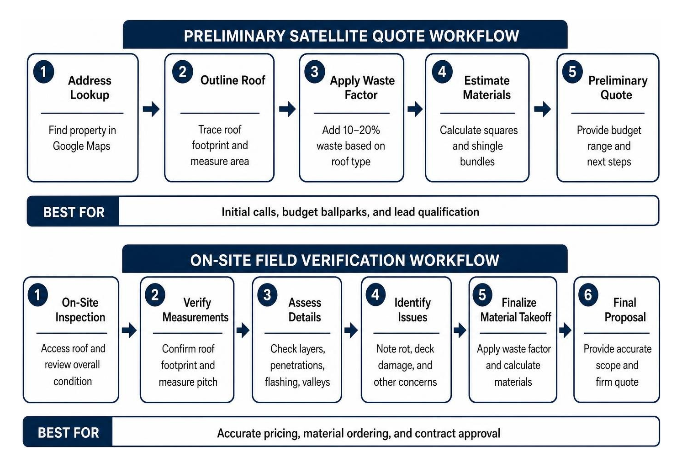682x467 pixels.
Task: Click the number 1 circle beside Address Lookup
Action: [43, 72]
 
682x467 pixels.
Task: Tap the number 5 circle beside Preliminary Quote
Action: [572, 72]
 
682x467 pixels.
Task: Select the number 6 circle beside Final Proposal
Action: [588, 295]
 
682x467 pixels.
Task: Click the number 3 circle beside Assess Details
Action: [267, 295]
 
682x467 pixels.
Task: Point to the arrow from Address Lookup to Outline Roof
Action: [151, 109]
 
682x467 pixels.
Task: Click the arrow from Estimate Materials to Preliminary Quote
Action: [543, 109]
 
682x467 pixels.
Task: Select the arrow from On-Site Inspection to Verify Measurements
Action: [129, 331]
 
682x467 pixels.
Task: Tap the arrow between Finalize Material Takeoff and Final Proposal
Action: [565, 331]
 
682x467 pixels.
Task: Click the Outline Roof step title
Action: [233, 80]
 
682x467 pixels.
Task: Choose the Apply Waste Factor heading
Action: [362, 88]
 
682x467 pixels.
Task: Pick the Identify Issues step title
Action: [412, 310]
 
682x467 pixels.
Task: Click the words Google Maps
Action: [82, 146]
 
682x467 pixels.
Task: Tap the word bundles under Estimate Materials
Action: [477, 162]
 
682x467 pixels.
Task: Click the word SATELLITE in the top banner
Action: [328, 36]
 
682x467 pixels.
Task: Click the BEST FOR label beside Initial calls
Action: [74, 212]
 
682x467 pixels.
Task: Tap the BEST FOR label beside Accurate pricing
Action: [69, 433]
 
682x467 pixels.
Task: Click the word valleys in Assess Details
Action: [316, 382]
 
